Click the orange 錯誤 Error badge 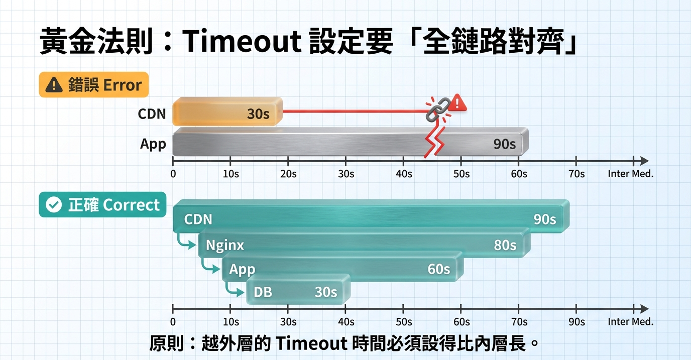(x=93, y=85)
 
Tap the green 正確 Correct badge (x=102, y=205)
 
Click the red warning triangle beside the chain (x=457, y=103)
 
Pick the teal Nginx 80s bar (x=364, y=244)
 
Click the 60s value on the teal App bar (x=438, y=269)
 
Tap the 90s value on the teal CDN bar (x=544, y=219)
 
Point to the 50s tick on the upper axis (x=461, y=174)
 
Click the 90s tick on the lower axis (x=577, y=321)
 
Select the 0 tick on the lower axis (x=173, y=321)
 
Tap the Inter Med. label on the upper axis (x=630, y=174)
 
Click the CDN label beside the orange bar (x=152, y=113)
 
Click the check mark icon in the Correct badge (x=54, y=205)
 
